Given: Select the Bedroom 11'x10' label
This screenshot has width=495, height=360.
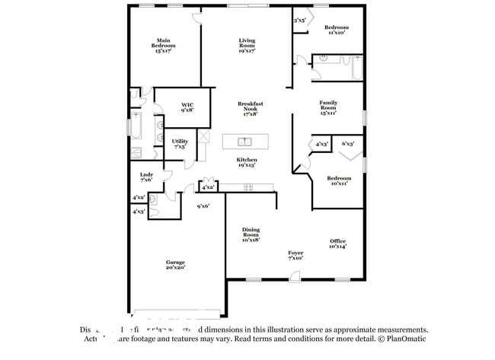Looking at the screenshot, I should tap(337, 30).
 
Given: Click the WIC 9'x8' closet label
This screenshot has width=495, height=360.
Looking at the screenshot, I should tap(187, 107).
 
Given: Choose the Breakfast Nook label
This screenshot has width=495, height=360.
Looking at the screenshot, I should tap(250, 107).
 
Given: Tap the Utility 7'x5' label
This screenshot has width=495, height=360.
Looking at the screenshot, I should tap(180, 143).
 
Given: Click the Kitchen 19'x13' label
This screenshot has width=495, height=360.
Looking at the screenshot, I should tap(247, 162).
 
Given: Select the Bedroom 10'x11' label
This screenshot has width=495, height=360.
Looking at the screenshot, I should tap(338, 180).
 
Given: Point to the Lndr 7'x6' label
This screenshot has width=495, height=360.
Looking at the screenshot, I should tap(147, 177).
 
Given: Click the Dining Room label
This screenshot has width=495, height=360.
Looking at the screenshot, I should tap(251, 234).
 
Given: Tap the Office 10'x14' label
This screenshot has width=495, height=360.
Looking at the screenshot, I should tap(337, 244).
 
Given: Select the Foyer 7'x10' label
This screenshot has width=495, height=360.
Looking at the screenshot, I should tap(295, 255).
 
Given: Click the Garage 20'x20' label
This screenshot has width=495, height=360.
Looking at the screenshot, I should tap(175, 264).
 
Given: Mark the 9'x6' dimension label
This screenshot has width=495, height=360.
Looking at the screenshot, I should tap(203, 205).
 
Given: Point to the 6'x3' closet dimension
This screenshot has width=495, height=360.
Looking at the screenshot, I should tap(349, 143).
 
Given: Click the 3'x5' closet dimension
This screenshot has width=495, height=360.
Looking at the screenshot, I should tap(299, 21).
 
